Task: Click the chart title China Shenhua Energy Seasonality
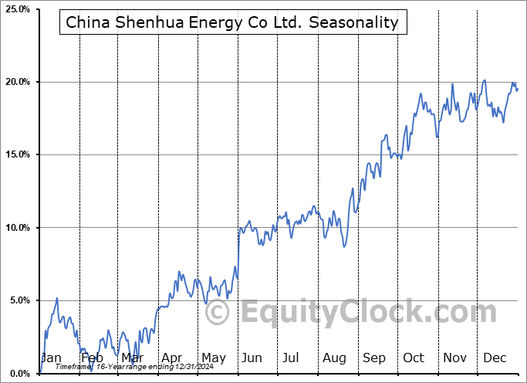[232, 22]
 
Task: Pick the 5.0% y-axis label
[17, 300]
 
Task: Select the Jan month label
[51, 358]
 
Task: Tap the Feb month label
[92, 358]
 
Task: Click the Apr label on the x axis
[172, 358]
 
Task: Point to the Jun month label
[251, 358]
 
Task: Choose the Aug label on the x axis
[333, 358]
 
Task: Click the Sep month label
[374, 358]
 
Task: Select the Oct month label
[414, 358]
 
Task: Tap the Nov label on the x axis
[454, 358]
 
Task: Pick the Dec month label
[495, 358]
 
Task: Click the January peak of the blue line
[56, 298]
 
